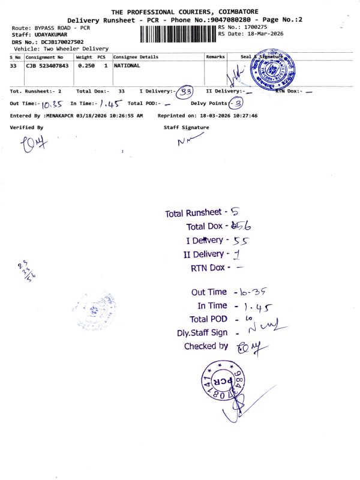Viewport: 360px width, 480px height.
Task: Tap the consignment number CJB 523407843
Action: pyautogui.click(x=47, y=65)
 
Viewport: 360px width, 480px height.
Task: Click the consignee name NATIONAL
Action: pyautogui.click(x=127, y=65)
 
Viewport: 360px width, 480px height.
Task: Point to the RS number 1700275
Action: pyautogui.click(x=254, y=27)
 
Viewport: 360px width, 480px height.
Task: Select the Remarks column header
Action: pyautogui.click(x=215, y=57)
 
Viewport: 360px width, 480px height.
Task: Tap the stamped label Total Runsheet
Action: pyautogui.click(x=193, y=213)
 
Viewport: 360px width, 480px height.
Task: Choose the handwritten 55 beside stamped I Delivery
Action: pyautogui.click(x=239, y=241)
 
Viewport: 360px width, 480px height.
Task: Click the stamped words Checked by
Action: pyautogui.click(x=206, y=346)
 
